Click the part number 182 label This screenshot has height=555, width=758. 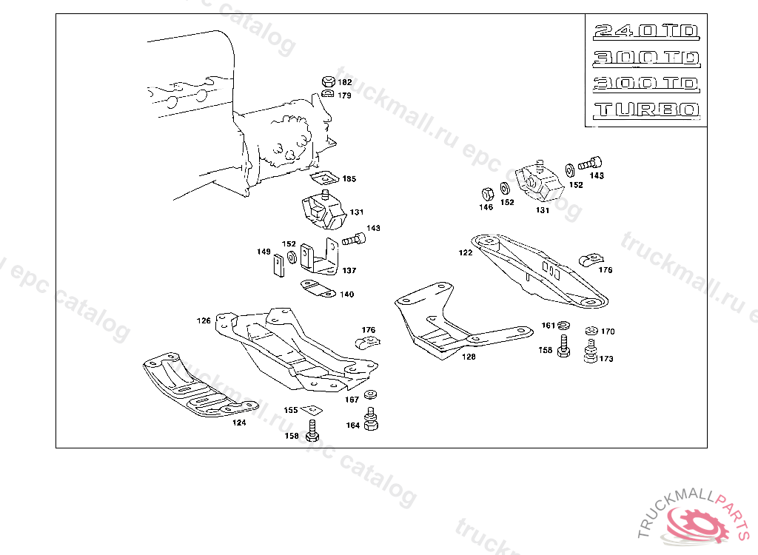[345, 83]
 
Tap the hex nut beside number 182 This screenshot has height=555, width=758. [328, 81]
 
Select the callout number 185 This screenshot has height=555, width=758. [349, 179]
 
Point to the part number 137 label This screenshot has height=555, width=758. [349, 271]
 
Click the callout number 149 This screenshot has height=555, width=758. [264, 252]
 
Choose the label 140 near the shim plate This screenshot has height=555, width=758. [346, 295]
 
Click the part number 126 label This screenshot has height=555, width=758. [204, 321]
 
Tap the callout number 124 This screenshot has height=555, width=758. [239, 423]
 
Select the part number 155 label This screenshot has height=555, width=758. [291, 410]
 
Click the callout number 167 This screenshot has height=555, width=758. [352, 400]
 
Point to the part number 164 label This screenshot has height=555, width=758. [352, 425]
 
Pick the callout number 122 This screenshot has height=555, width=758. [465, 252]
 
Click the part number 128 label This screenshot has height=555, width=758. [469, 357]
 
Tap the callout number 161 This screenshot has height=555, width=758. [548, 326]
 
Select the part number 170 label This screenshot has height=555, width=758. [608, 332]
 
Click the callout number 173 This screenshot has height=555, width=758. [606, 359]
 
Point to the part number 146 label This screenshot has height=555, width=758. [486, 208]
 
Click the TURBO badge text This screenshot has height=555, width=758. [646, 110]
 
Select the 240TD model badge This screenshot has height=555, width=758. [646, 31]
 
